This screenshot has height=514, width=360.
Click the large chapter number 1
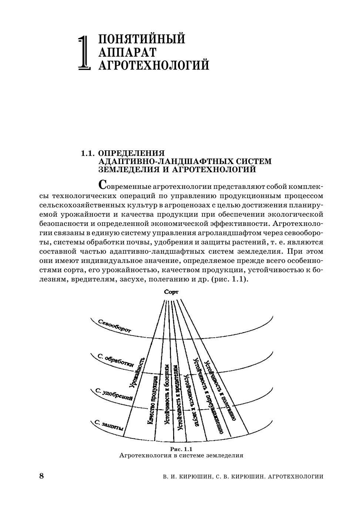(x=85, y=53)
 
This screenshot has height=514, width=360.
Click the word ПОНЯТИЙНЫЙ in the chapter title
(x=142, y=39)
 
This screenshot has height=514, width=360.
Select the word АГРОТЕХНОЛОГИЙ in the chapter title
(x=154, y=65)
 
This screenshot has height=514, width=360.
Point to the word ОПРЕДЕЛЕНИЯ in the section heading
(x=132, y=153)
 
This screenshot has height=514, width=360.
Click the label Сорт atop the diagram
(x=171, y=292)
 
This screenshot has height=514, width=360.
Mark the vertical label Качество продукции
(x=153, y=400)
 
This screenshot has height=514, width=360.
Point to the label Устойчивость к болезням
(x=167, y=394)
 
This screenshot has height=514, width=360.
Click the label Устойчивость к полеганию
(x=221, y=391)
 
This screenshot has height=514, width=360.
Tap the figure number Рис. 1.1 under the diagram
(x=181, y=449)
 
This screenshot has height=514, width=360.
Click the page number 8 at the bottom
(x=41, y=476)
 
